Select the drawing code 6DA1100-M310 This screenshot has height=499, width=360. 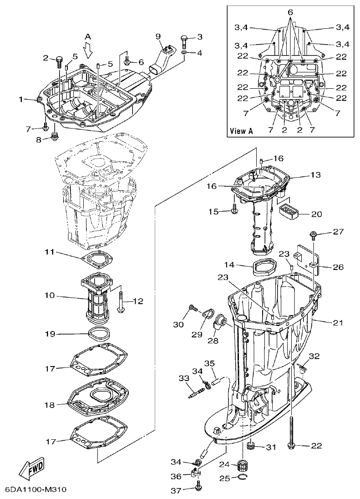pos(36,490)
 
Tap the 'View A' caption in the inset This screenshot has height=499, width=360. pos(241,131)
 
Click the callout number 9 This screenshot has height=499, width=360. pos(158,36)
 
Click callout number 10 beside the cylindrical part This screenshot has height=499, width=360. pos(50,295)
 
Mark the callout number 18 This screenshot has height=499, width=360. pos(50,404)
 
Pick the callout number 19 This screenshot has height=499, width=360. pos(50,334)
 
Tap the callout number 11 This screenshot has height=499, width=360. pos(50,252)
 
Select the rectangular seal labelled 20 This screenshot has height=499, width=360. pos(288,211)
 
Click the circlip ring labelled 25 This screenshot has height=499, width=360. pos(244,477)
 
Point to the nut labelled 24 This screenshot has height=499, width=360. pos(243,466)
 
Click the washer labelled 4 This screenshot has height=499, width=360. pos(184,54)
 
